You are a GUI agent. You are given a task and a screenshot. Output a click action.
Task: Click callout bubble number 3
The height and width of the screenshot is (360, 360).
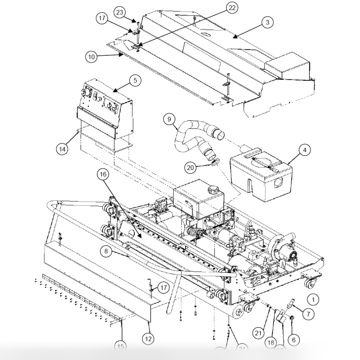point(267,22)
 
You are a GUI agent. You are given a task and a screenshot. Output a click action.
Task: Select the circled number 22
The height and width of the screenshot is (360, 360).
point(232,8)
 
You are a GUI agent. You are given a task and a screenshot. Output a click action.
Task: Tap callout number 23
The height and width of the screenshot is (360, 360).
point(120,12)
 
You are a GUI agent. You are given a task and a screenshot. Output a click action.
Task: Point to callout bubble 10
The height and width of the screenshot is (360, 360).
point(91,57)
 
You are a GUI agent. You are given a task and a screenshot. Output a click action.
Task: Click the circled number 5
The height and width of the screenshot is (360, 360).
point(135,80)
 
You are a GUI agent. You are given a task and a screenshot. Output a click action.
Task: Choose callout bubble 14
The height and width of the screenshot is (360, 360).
point(62,149)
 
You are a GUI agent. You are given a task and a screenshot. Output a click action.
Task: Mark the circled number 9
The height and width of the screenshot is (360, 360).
point(169,119)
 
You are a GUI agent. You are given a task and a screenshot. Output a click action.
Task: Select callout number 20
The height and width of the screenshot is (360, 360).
point(191,168)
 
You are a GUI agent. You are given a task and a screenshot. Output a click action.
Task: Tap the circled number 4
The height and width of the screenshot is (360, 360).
point(305,150)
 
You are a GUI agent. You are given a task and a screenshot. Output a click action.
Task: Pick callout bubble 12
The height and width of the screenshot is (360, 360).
point(148,339)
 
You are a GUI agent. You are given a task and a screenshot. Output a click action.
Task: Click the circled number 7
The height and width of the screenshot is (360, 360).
point(308,314)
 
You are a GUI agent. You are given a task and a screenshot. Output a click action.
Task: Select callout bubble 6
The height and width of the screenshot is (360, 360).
point(293,340)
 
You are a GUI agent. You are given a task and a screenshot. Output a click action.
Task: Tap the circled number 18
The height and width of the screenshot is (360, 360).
point(271,342)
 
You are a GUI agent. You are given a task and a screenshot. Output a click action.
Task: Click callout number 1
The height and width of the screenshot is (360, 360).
point(313,299)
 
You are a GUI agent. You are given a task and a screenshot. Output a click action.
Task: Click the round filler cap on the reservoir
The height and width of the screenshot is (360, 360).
point(212,190)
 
